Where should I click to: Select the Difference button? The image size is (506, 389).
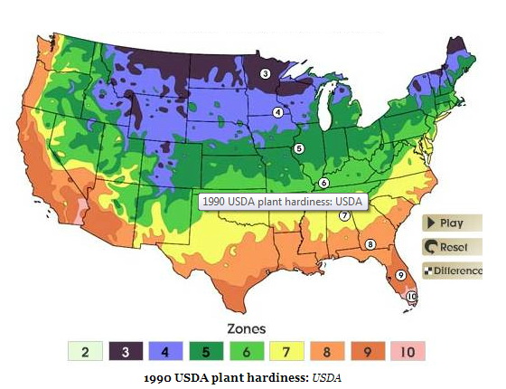pos(452,270)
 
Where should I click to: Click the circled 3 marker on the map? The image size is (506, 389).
pos(265,74)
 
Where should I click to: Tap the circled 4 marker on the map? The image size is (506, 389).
pos(277,112)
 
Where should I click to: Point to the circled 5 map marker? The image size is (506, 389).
pos(298,148)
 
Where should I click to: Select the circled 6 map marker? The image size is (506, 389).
pos(323,182)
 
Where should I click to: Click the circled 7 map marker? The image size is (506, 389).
pos(344,215)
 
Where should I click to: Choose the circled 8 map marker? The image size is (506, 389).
pos(370,244)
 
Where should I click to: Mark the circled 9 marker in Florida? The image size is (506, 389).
pos(400,274)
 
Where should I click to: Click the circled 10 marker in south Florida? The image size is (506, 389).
pos(412,296)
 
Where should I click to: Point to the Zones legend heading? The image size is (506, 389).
pos(244,329)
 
